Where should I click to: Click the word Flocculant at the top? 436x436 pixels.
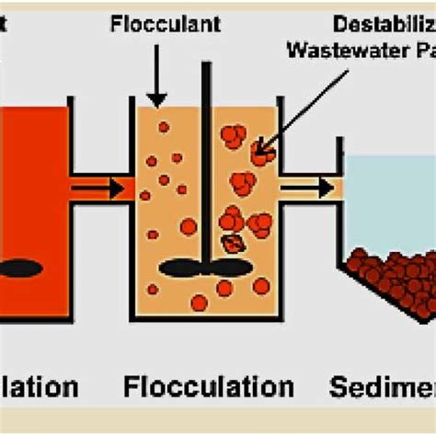tap(166, 24)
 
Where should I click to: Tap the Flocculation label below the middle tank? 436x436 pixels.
tap(208, 386)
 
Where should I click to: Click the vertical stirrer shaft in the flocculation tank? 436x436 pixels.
tap(206, 166)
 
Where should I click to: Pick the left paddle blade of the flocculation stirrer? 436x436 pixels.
tap(181, 268)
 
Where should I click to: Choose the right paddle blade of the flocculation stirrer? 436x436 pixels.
tap(230, 268)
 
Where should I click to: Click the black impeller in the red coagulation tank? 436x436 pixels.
tap(20, 269)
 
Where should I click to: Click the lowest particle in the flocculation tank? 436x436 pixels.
tap(199, 303)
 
